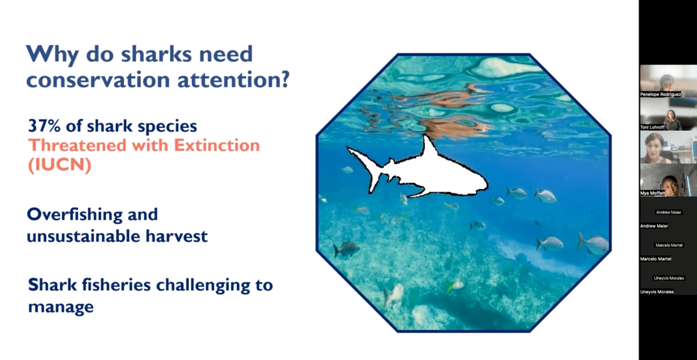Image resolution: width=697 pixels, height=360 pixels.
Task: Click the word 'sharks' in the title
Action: point(156,54)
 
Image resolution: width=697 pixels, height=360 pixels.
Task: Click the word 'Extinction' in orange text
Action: point(217,145)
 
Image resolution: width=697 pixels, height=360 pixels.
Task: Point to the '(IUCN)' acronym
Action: point(60,165)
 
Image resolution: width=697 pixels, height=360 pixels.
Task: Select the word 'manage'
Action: point(61,307)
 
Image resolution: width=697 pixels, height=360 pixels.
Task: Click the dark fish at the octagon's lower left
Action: point(346,249)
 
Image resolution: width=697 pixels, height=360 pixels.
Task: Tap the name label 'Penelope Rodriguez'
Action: point(661,94)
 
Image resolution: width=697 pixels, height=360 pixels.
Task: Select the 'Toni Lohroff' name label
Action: point(652,127)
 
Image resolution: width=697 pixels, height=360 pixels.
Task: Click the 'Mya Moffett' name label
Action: point(652,193)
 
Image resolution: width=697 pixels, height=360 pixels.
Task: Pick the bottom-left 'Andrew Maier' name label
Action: point(654,226)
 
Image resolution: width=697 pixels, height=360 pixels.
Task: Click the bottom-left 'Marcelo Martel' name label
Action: point(656,259)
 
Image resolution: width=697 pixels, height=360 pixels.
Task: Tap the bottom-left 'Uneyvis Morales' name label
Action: point(657,292)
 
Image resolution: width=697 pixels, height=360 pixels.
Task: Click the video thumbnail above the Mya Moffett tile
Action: point(668,147)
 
